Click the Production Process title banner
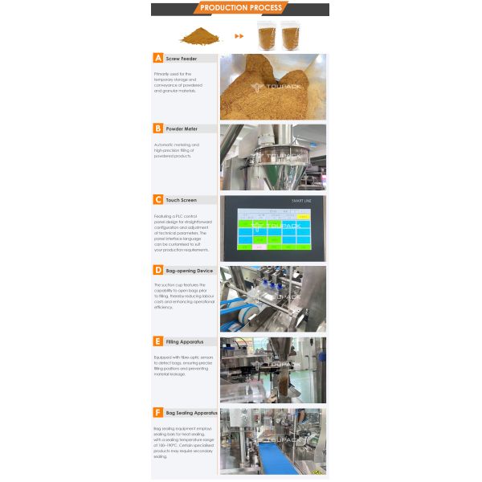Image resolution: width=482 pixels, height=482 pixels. pyautogui.click(x=240, y=8)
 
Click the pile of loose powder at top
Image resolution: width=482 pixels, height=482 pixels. pyautogui.click(x=199, y=36)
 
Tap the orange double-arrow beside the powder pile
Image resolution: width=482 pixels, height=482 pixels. pyautogui.click(x=239, y=36)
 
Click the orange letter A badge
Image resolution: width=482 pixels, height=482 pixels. pyautogui.click(x=158, y=58)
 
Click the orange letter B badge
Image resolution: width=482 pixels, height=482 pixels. pyautogui.click(x=158, y=129)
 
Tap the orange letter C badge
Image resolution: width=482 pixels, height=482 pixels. pyautogui.click(x=158, y=199)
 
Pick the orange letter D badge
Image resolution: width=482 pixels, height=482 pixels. pyautogui.click(x=158, y=271)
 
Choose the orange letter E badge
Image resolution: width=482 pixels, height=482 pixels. pyautogui.click(x=158, y=341)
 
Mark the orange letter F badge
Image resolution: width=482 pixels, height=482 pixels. pyautogui.click(x=158, y=412)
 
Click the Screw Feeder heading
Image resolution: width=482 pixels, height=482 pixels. pyautogui.click(x=182, y=59)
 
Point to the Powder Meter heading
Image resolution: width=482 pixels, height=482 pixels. pyautogui.click(x=182, y=129)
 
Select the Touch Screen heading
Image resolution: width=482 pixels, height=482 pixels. pyautogui.click(x=182, y=200)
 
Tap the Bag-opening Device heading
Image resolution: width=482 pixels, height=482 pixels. pyautogui.click(x=190, y=271)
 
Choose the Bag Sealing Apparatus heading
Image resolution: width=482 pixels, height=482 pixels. pyautogui.click(x=191, y=412)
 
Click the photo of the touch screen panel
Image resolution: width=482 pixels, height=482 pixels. pyautogui.click(x=273, y=228)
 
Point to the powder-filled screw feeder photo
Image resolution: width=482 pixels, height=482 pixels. pyautogui.click(x=273, y=87)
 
